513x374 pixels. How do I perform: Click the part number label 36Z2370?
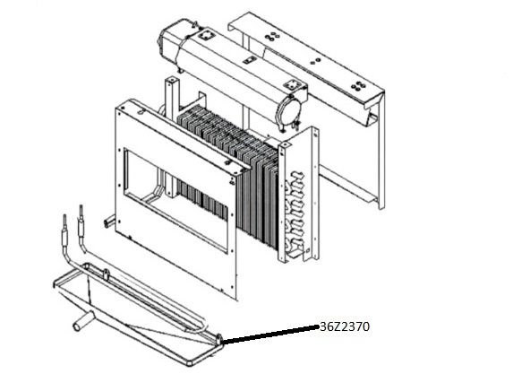pos(345,326)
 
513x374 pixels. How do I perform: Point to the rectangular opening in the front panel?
pos(179,198)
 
